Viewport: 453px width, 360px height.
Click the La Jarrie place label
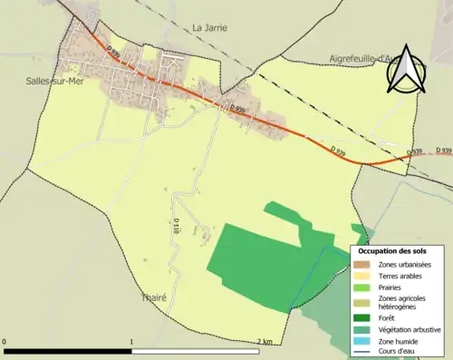[x=210, y=28]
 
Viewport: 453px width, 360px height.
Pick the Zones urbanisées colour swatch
[x=361, y=263]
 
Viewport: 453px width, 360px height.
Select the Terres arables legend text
[x=397, y=275]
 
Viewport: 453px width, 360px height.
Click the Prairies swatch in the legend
[x=361, y=287]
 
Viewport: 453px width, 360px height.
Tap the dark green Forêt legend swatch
[x=361, y=318]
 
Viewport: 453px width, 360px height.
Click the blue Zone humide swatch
[x=361, y=341]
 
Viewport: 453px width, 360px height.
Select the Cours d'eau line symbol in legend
[x=361, y=352]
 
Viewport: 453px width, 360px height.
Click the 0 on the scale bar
[x=6, y=341]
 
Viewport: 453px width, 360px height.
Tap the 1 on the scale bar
[x=132, y=341]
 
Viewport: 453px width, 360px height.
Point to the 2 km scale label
[x=265, y=341]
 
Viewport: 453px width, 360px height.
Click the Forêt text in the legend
[x=387, y=318]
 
